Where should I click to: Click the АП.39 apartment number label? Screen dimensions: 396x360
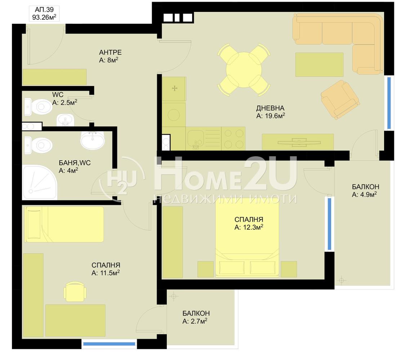44,10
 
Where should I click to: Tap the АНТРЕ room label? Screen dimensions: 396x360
110,53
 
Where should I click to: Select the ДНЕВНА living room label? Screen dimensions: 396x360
270,108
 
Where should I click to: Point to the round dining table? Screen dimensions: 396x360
244,70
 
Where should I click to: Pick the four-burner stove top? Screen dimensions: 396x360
233,139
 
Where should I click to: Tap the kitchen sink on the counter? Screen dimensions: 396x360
195,139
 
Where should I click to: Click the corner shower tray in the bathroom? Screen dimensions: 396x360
40,183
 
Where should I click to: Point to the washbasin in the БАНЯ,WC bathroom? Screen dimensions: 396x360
93,140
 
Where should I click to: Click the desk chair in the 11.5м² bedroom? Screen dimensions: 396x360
75,291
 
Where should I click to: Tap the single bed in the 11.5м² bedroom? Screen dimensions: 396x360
64,224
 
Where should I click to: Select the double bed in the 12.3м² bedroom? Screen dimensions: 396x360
247,237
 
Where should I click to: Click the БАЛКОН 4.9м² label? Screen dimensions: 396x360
365,191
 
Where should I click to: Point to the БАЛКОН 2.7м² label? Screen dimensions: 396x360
196,317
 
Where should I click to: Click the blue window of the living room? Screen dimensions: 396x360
389,103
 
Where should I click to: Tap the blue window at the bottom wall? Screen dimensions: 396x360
109,344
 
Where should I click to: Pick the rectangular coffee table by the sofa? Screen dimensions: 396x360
319,64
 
